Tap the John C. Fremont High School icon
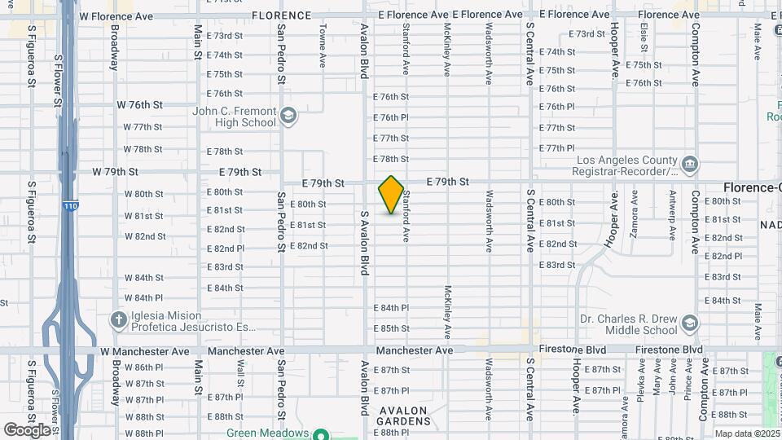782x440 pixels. tap(288, 117)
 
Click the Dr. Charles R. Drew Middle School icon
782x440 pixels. tap(689, 323)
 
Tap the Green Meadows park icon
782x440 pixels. tap(321, 434)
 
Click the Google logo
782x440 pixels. tap(27, 429)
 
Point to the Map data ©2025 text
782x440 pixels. tap(747, 433)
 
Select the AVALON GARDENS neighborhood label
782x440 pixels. tap(404, 421)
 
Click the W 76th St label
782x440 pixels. tap(140, 105)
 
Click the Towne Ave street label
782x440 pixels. tap(323, 55)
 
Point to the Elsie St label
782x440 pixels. tap(644, 38)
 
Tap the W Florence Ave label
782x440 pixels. tap(116, 15)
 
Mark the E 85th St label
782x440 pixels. tap(391, 328)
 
